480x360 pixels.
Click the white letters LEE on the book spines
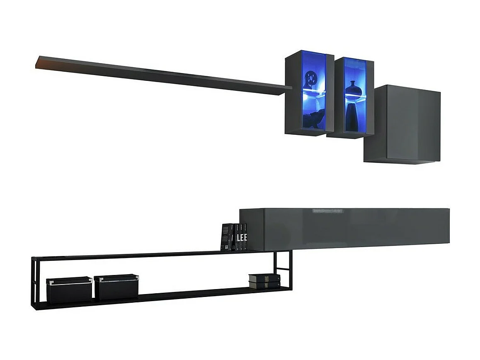tap(242, 238)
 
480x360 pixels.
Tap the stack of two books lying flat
tap(264, 281)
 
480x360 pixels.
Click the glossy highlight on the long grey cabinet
tap(327, 211)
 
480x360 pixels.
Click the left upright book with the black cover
tap(226, 237)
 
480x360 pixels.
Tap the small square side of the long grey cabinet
tap(252, 229)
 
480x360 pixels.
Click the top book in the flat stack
tap(264, 277)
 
